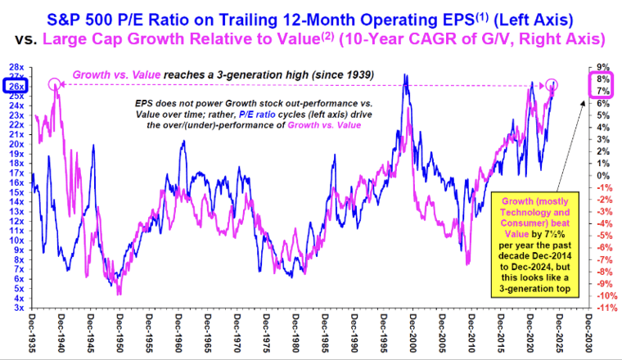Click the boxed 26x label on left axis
point(16,86)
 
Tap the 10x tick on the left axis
point(16,241)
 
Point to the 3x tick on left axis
point(16,308)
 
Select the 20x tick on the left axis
point(16,144)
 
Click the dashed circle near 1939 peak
point(54,83)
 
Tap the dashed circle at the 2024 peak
point(552,84)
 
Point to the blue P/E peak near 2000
point(405,76)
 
